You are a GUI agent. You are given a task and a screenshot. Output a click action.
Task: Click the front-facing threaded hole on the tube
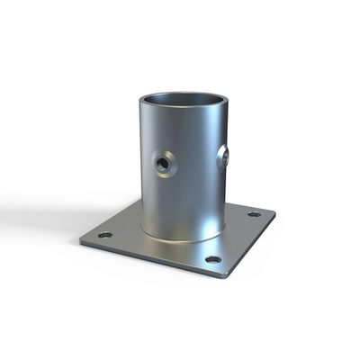click(x=163, y=164)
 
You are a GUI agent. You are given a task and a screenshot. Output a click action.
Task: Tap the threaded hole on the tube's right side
click(x=225, y=157)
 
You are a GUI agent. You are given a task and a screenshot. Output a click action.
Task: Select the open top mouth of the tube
click(x=184, y=99)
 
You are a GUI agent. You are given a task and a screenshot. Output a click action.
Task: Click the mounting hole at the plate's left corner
click(x=105, y=235)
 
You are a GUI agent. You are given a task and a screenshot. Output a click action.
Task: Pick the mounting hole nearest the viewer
click(x=212, y=259)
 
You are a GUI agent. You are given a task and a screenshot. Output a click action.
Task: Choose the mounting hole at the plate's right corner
click(x=254, y=214)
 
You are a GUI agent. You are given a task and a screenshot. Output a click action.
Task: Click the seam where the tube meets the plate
click(x=180, y=240)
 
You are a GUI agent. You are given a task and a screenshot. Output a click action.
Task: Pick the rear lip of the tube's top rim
click(x=184, y=91)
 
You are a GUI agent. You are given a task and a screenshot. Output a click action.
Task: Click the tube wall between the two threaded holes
click(x=198, y=162)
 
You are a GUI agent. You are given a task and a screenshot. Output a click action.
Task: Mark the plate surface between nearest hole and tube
click(x=202, y=249)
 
